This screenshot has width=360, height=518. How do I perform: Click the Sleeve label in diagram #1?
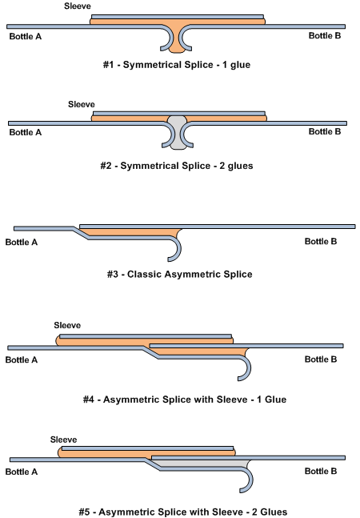point(78,6)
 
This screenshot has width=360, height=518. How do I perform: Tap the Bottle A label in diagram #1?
point(26,36)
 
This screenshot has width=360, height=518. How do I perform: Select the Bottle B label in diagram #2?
point(325,131)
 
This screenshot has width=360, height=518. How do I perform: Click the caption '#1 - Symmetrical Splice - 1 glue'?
point(177,64)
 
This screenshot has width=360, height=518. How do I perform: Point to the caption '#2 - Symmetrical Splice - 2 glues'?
point(177,166)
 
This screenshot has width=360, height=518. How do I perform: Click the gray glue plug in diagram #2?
point(178,132)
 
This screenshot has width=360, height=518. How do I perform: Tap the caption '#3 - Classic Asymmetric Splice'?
point(179,274)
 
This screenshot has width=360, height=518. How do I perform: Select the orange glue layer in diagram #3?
point(132,232)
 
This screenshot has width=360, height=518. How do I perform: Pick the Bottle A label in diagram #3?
point(22,242)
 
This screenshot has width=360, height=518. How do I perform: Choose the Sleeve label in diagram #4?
point(67,325)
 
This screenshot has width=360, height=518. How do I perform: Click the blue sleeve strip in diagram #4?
point(146,336)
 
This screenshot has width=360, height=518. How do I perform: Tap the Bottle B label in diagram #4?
point(321,359)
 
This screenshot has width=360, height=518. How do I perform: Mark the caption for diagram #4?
point(185,400)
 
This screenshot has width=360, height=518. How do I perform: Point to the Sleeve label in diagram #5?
point(63,440)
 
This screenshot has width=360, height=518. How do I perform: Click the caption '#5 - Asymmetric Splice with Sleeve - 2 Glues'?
point(183,512)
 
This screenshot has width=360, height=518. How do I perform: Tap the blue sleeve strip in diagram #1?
point(178,17)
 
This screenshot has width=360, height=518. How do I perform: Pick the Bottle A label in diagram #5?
point(22,472)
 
